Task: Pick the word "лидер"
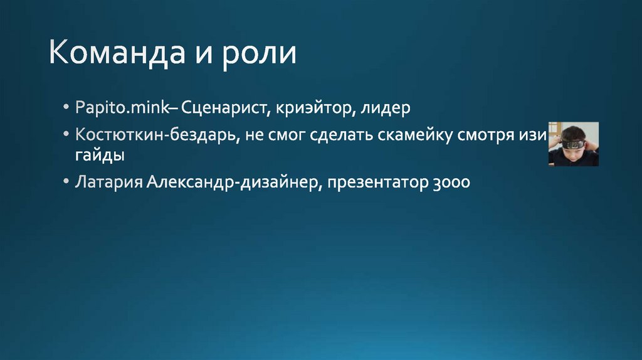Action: (386, 109)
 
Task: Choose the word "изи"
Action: (536, 136)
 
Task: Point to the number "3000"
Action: (451, 183)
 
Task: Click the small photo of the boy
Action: (573, 144)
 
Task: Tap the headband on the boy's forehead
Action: (573, 144)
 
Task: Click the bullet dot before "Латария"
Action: (66, 183)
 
